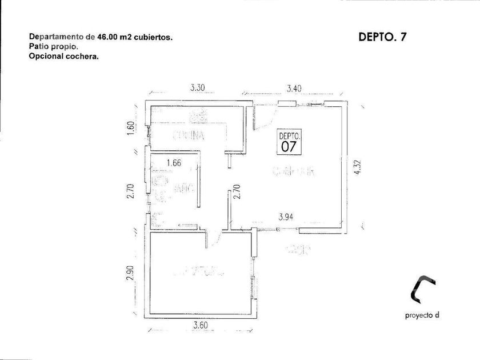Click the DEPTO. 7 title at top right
point(382,37)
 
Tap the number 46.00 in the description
point(107,37)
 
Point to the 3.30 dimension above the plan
point(198,88)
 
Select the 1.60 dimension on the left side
point(131,128)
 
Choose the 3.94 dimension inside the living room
point(286,217)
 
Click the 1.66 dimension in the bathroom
point(173,163)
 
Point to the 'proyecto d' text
point(422,315)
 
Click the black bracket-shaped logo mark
point(423,289)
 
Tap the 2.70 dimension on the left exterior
point(131,190)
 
